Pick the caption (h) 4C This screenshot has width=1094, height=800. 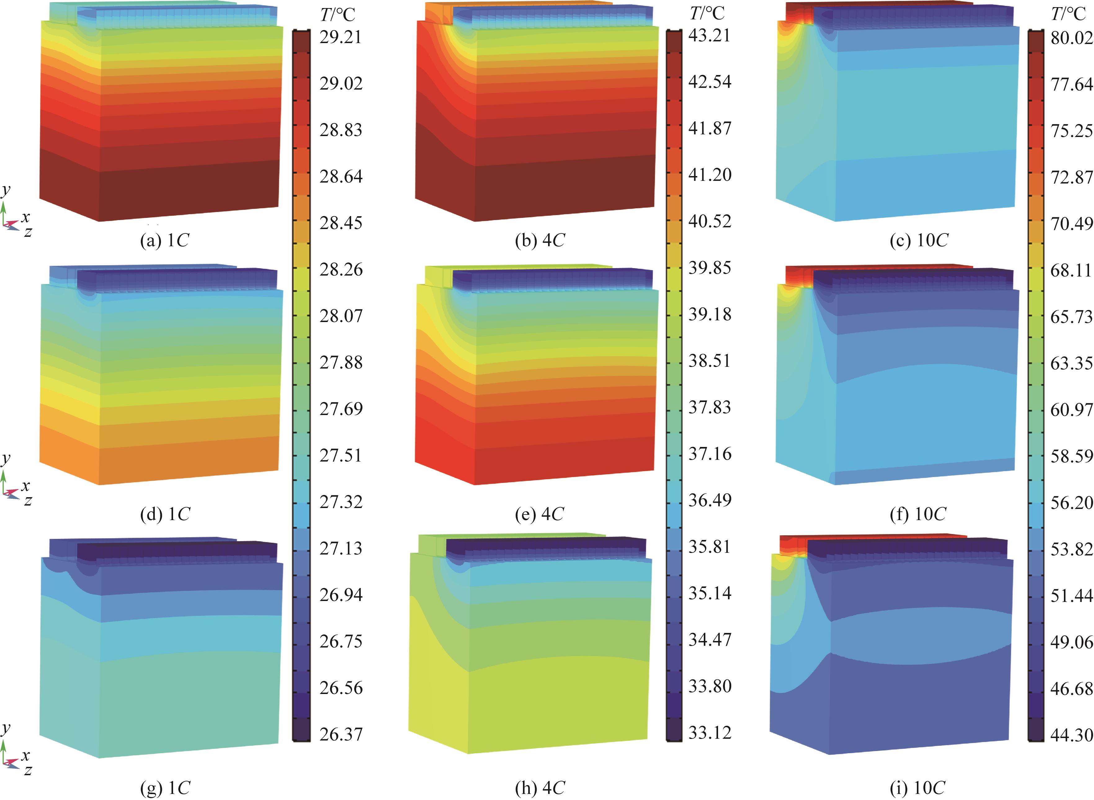(540, 788)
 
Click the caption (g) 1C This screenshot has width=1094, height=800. (165, 788)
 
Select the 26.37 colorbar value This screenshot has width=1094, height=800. (341, 734)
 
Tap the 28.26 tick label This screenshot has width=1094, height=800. (341, 270)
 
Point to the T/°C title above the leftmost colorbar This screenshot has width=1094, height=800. (338, 15)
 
